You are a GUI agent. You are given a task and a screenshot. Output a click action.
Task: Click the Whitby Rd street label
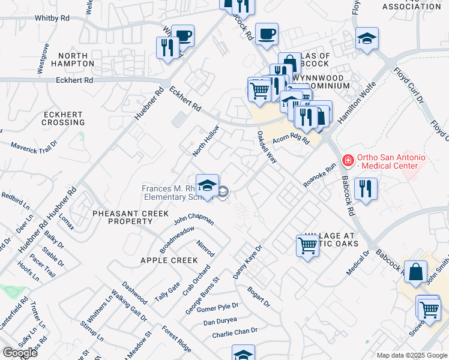[x=52, y=19]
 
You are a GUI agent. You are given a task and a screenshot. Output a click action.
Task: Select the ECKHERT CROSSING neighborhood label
[x=64, y=118]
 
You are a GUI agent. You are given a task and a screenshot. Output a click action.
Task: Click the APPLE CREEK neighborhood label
[x=169, y=260]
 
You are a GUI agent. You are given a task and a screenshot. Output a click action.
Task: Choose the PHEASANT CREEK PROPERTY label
[x=122, y=217]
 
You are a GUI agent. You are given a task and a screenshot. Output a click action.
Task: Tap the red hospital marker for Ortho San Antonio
[x=346, y=160]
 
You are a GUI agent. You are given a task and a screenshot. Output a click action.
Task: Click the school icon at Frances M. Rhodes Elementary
[x=207, y=187]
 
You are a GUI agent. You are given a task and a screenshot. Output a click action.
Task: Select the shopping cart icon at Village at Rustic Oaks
[x=307, y=245]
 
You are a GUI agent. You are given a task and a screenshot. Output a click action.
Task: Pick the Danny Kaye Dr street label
[x=248, y=262]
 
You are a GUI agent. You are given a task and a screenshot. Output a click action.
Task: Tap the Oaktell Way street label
[x=267, y=147]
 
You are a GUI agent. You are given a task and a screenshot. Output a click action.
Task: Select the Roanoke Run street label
[x=319, y=176]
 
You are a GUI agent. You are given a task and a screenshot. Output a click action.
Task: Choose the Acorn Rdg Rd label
[x=291, y=140]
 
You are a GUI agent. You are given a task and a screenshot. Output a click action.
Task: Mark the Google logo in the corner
[x=20, y=353]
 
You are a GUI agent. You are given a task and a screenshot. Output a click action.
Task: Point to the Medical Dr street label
[x=359, y=263]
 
